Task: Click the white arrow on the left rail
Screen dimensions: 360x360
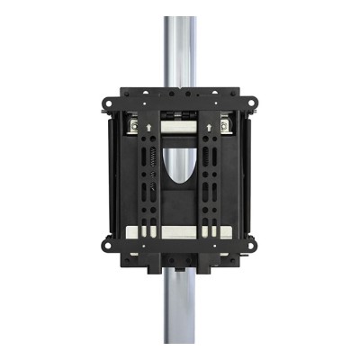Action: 144,129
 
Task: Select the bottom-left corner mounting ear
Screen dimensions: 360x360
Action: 106,242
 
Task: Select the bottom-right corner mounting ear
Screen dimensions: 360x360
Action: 254,242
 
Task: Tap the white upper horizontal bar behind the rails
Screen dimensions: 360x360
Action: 180,130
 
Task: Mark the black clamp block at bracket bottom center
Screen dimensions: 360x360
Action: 180,261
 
